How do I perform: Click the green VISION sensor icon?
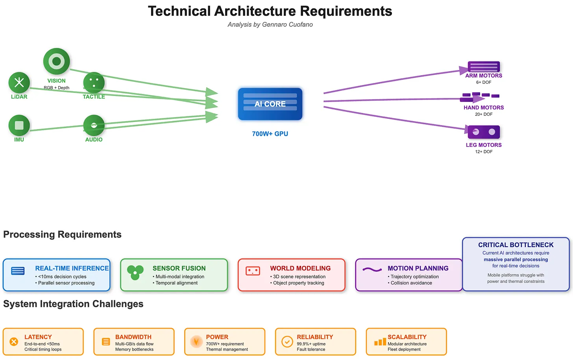pos(56,61)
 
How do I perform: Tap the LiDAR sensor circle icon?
pos(19,83)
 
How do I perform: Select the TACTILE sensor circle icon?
pos(94,83)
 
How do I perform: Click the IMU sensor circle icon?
pos(19,126)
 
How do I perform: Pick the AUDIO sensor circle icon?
pos(94,126)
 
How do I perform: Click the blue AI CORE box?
pos(270,104)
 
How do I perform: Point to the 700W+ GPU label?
pos(270,134)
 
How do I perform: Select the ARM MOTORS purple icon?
pos(484,66)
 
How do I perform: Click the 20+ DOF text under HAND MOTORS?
pos(484,114)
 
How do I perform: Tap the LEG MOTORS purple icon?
pos(484,132)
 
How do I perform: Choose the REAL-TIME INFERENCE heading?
pos(72,268)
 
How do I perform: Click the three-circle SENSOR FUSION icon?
pos(135,272)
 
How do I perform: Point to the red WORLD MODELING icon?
pos(253,271)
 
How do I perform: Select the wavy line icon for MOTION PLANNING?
pos(372,270)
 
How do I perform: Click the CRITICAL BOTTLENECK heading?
pos(516,245)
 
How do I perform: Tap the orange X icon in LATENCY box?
pos(14,342)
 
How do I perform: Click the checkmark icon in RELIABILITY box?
pos(287,342)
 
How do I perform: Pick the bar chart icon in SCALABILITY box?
pos(380,342)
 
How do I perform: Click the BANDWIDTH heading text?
pos(133,337)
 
